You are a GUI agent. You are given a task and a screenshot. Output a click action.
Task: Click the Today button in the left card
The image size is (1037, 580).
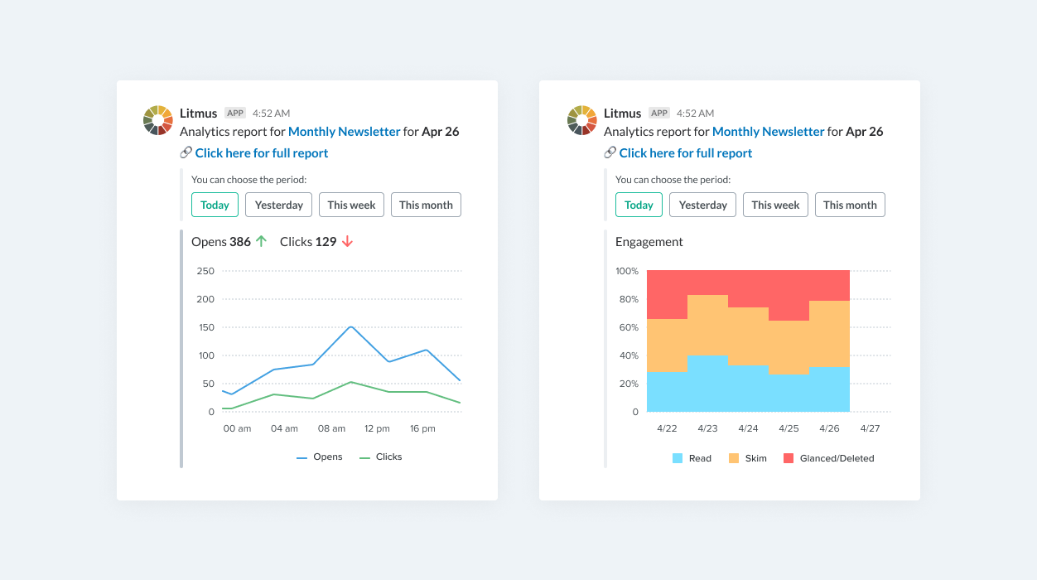[215, 205]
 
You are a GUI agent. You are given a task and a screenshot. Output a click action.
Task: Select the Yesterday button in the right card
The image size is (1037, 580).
[702, 205]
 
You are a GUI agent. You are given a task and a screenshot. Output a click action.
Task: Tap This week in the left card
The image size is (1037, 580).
[351, 205]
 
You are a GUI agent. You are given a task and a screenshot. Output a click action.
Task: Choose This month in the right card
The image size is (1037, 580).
[850, 205]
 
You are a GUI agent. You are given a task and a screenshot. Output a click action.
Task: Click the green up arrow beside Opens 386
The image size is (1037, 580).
[261, 241]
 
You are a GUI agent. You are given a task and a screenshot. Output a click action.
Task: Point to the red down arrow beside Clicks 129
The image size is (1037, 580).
[347, 241]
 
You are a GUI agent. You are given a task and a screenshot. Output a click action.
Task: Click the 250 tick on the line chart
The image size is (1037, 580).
[205, 271]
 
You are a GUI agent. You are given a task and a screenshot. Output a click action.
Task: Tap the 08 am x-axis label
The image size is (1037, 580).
[331, 428]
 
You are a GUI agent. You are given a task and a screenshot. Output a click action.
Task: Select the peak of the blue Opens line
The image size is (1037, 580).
[351, 326]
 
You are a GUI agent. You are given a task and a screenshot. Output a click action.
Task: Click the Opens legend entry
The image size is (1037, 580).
[320, 457]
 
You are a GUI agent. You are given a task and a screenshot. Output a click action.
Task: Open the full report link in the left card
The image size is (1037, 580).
[262, 153]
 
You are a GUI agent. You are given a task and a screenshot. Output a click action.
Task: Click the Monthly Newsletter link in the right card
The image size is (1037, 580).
[768, 132]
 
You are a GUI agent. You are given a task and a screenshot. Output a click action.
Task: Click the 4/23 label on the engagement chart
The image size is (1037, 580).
[707, 428]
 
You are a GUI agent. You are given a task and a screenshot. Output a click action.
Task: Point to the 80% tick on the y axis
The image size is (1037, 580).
[627, 299]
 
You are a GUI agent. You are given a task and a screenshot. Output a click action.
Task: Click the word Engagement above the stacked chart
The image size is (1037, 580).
[649, 242]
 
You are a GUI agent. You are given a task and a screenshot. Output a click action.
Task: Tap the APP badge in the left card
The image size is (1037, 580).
[235, 113]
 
